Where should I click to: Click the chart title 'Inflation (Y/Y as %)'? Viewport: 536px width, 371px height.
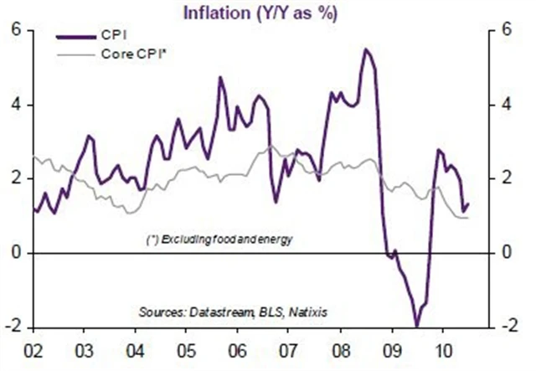(270, 13)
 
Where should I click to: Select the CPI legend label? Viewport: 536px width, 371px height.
(121, 37)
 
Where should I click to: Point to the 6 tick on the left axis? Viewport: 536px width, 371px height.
(15, 30)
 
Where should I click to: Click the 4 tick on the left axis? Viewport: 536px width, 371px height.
(15, 105)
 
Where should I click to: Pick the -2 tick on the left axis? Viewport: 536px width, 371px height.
(13, 327)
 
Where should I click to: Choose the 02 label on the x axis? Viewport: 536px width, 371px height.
(35, 350)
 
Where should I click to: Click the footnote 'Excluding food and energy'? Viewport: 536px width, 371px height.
(222, 240)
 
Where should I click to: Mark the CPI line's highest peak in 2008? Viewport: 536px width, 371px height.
(366, 49)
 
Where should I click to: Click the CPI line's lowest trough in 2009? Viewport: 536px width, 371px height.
(416, 325)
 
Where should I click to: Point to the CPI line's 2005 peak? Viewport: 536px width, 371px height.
(219, 78)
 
